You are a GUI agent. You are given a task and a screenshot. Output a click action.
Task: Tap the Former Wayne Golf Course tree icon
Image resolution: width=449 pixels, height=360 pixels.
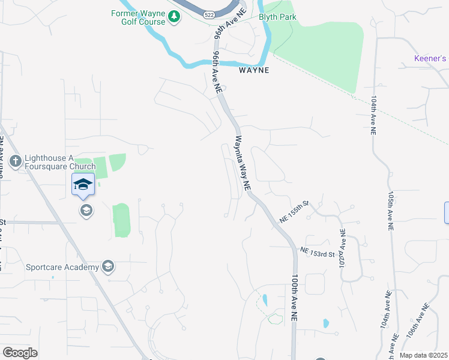click(x=173, y=17)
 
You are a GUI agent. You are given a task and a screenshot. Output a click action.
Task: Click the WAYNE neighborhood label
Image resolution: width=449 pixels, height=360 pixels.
click(x=254, y=70)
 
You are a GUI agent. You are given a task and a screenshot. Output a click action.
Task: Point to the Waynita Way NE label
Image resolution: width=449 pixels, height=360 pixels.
click(x=242, y=163)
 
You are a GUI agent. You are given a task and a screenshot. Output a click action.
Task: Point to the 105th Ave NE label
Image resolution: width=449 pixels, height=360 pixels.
click(x=390, y=212)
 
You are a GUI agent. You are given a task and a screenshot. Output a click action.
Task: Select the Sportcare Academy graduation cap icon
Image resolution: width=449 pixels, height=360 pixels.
click(x=108, y=266)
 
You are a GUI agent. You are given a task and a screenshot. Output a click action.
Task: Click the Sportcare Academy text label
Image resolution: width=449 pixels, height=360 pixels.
click(x=62, y=266)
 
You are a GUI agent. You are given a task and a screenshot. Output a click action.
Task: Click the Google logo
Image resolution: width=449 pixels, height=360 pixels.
click(x=20, y=353)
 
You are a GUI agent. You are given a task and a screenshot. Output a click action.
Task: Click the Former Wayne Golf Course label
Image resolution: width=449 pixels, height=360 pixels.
click(x=138, y=17)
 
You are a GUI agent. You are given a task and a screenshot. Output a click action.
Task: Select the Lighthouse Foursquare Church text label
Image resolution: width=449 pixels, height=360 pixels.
click(x=59, y=163)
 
